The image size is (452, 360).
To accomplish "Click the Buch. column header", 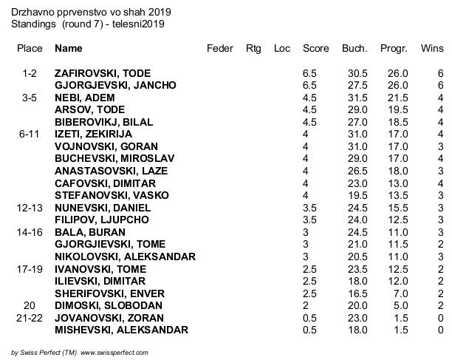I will tap(355, 49).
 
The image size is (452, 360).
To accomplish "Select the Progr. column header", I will tap(394, 49).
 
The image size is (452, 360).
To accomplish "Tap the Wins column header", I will tap(431, 49).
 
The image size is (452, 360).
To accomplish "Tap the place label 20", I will tap(30, 305).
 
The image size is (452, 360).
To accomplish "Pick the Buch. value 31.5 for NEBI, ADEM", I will tap(357, 98).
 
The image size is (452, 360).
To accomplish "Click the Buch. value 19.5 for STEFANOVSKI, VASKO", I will tap(357, 195).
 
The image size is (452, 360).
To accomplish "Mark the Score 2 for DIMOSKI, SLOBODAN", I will tap(306, 305).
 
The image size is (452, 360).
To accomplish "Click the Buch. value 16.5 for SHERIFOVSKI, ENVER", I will tap(357, 293).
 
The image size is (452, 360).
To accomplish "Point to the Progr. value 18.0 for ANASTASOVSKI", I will tap(398, 171).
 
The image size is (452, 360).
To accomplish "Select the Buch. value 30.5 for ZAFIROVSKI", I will tap(357, 74).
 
